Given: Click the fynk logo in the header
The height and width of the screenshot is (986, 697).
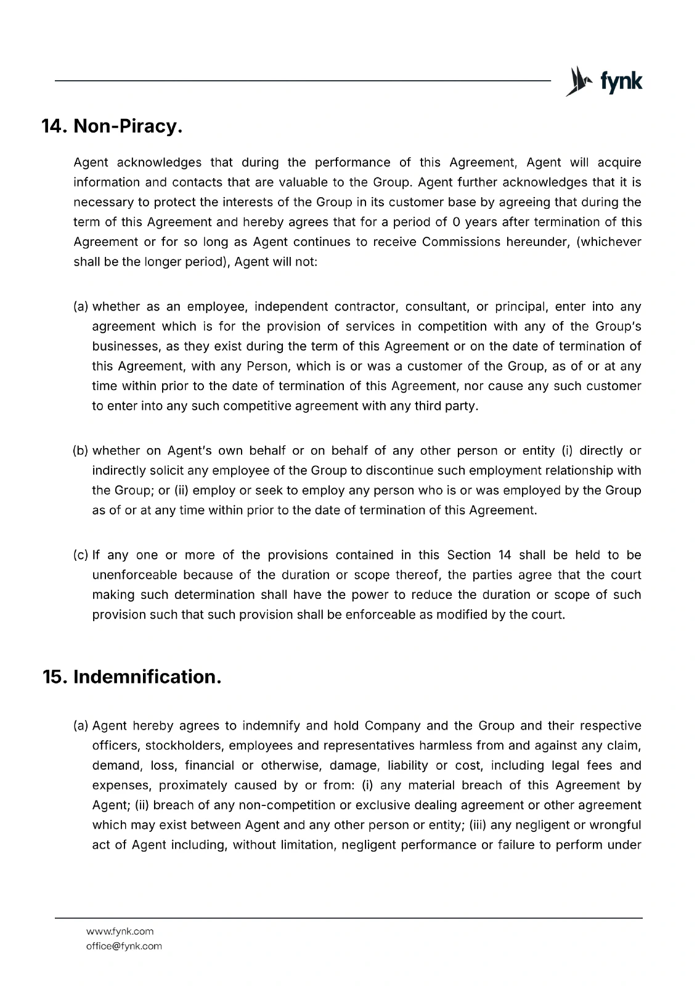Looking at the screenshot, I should [x=604, y=81].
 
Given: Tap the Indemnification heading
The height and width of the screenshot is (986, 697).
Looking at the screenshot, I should [x=147, y=677].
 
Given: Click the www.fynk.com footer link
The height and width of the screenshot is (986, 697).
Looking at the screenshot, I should [x=120, y=931].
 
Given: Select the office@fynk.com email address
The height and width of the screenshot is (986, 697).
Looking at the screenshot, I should [x=124, y=946].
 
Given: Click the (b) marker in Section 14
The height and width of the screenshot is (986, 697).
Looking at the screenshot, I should [x=81, y=450].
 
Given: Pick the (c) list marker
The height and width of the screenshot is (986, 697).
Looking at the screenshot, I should [x=81, y=555].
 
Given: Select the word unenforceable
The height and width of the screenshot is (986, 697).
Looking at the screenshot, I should [x=134, y=575].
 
